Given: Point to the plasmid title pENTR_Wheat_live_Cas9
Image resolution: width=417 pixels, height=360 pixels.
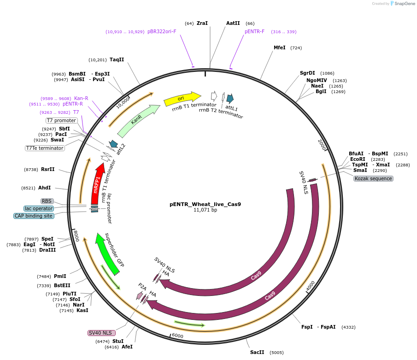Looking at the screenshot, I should pyautogui.click(x=205, y=204).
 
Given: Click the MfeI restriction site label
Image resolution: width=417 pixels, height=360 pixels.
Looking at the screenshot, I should pyautogui.click(x=280, y=47).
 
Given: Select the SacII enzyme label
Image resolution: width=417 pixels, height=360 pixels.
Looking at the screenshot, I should pyautogui.click(x=257, y=352).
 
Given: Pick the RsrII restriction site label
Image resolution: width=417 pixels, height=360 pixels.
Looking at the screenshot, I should pyautogui.click(x=47, y=169).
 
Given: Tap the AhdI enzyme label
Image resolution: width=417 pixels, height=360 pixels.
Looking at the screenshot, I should pyautogui.click(x=45, y=188).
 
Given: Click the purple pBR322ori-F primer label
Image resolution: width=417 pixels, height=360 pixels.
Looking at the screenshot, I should pyautogui.click(x=162, y=31).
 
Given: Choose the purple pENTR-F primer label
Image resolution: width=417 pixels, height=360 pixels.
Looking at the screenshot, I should pyautogui.click(x=254, y=31).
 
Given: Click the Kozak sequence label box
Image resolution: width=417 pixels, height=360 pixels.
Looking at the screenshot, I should pyautogui.click(x=374, y=178).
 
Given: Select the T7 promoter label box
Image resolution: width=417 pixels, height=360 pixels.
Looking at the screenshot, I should pyautogui.click(x=61, y=120).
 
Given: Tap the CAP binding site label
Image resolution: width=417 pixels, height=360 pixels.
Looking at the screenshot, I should pyautogui.click(x=34, y=216).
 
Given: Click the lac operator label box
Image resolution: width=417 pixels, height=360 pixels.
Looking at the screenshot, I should pyautogui.click(x=39, y=208).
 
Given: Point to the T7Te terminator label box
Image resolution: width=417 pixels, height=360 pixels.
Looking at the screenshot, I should pyautogui.click(x=45, y=148).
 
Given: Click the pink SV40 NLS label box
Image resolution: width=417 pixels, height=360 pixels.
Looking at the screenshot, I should pyautogui.click(x=100, y=333).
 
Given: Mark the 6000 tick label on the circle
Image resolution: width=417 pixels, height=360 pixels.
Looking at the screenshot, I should pyautogui.click(x=177, y=336).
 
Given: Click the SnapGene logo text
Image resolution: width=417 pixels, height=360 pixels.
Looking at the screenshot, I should pyautogui.click(x=404, y=4).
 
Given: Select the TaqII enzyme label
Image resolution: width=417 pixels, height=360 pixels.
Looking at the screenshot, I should pyautogui.click(x=117, y=59).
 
